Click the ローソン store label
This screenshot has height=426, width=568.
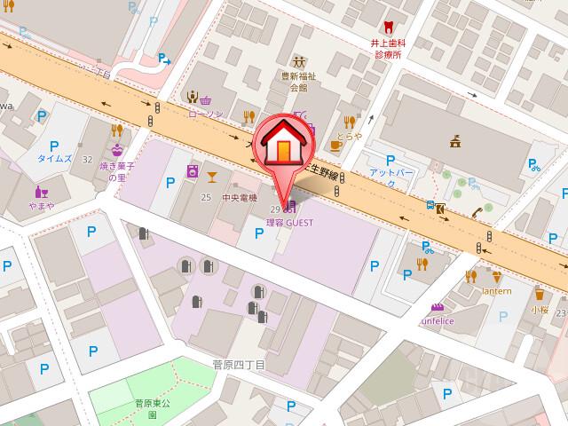tap(205, 114)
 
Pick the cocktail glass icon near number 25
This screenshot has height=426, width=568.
tap(212, 175)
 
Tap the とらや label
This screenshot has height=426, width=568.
tap(350, 137)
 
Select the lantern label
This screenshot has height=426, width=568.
tap(497, 291)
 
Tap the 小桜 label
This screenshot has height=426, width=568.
tap(540, 310)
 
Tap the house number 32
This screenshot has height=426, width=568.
tap(87, 160)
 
